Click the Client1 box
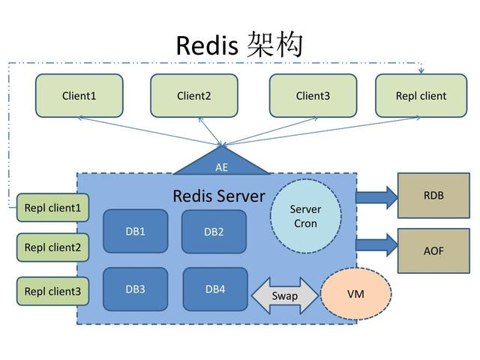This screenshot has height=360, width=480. [79, 95]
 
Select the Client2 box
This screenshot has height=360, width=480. [193, 95]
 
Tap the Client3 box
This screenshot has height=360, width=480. [313, 95]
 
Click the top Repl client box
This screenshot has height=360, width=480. [421, 95]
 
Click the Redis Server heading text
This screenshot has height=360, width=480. [219, 196]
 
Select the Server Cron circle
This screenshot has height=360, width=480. [305, 217]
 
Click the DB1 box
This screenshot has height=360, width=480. [136, 231]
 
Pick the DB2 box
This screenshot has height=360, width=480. [214, 232]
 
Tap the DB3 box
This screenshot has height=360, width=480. [136, 289]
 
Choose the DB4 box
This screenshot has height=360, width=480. [215, 289]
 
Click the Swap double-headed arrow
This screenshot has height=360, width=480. [284, 295]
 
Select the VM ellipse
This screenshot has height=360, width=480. [356, 294]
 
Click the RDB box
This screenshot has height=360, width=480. [433, 195]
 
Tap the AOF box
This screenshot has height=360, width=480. [433, 250]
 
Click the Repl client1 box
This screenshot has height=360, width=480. [52, 208]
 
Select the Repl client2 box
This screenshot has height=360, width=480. [52, 247]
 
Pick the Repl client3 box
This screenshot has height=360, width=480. [52, 291]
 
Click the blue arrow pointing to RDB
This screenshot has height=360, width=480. [376, 196]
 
